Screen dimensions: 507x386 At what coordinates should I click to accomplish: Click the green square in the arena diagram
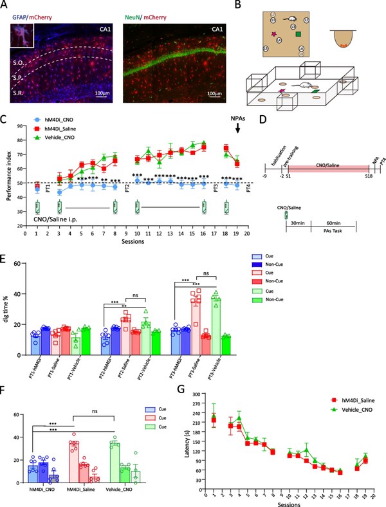(299, 33)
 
